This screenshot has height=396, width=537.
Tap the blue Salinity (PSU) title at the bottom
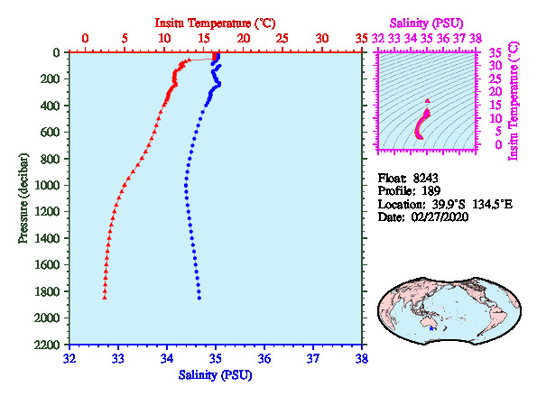point(215,375)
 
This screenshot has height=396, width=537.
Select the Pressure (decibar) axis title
point(23,198)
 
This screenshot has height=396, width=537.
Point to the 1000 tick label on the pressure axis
point(47,185)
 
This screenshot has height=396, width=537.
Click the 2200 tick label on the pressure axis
point(47,345)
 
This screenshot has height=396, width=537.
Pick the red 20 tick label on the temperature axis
point(243,38)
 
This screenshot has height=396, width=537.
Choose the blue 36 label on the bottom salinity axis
point(264,359)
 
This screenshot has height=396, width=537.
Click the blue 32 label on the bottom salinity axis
point(69,359)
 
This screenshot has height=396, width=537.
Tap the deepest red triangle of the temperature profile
point(105,298)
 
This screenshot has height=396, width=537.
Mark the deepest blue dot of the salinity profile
point(199,298)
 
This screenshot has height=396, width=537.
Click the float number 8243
point(425,179)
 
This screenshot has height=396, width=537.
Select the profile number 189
point(431,191)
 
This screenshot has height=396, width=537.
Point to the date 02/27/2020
point(440,217)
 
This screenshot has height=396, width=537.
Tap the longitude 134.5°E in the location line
point(493,205)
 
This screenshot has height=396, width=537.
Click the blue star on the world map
point(431,328)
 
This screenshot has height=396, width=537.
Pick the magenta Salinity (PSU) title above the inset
point(426,23)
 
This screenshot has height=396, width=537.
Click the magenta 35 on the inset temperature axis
point(495,52)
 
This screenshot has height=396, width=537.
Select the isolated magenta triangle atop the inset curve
point(428,101)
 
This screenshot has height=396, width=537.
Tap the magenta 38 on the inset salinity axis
point(476,38)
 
